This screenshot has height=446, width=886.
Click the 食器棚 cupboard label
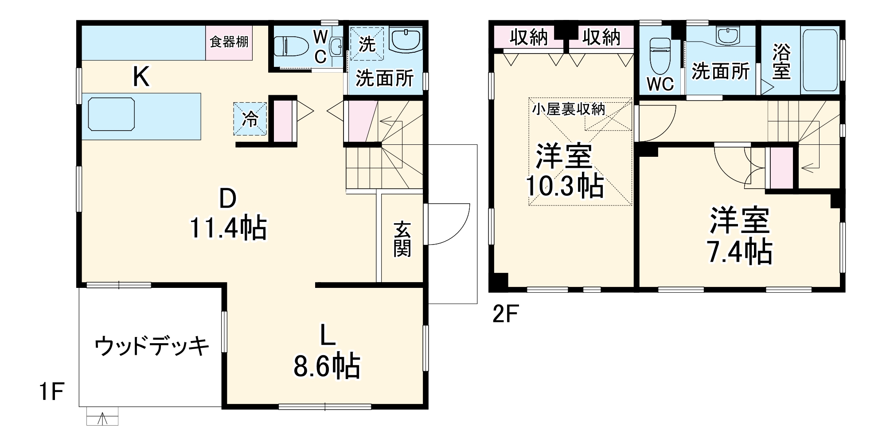[229, 42]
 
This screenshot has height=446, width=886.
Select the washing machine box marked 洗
[367, 43]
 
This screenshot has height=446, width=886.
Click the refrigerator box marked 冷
[250, 118]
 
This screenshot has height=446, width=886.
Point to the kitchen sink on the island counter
[111, 114]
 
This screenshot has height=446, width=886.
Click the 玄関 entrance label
[402, 239]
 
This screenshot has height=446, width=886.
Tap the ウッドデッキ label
[152, 346]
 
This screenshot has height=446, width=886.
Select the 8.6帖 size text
[327, 366]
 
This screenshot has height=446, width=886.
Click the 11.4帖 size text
[228, 228]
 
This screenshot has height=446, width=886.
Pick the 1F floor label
[52, 392]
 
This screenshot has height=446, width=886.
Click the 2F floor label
[505, 314]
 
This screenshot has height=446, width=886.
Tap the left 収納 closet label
[528, 38]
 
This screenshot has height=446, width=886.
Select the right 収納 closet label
[601, 38]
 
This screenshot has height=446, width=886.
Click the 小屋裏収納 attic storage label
[569, 109]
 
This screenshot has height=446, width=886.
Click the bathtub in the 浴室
[820, 60]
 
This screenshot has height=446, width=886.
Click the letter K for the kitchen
[141, 77]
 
